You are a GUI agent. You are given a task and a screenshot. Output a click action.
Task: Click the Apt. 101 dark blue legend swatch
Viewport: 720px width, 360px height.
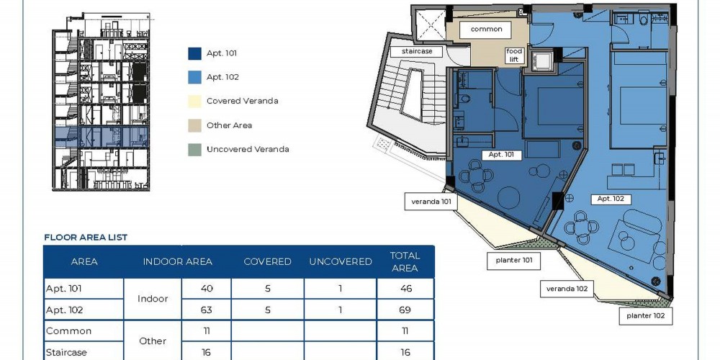(194, 53)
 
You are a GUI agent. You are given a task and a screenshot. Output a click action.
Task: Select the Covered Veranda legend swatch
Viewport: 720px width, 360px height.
(194, 101)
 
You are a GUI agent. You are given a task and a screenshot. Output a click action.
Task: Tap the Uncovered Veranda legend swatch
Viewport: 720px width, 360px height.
(194, 149)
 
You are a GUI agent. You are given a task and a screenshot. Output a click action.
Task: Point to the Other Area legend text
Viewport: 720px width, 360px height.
(229, 125)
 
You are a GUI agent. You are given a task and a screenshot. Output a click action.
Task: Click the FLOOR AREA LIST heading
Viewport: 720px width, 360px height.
(86, 238)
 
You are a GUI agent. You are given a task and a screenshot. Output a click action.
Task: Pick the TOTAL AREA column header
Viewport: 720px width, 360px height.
(405, 262)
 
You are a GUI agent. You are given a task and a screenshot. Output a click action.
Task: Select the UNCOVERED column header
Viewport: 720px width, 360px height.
(341, 262)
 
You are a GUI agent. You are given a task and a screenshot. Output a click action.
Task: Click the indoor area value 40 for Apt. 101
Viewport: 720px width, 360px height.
(207, 289)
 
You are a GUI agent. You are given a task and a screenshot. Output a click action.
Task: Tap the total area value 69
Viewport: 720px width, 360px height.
(405, 310)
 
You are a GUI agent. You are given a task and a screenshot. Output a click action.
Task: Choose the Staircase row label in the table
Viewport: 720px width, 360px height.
(66, 353)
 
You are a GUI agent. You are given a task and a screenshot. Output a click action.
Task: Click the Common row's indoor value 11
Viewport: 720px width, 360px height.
(207, 331)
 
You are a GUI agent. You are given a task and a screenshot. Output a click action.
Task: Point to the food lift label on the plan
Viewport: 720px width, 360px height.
(514, 55)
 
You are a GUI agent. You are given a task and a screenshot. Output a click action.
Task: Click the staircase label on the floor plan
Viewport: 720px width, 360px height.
(417, 51)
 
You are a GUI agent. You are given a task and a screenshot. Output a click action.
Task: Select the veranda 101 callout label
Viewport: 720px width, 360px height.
(431, 201)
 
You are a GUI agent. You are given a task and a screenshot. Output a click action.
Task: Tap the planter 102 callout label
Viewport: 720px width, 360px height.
(646, 316)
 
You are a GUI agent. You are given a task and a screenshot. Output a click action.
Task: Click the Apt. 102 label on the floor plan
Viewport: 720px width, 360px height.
(611, 199)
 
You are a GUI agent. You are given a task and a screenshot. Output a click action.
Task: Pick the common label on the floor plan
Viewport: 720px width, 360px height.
(486, 30)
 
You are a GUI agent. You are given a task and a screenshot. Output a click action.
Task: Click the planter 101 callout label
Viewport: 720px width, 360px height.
(514, 261)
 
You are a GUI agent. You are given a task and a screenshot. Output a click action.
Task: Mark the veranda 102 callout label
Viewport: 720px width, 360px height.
(567, 289)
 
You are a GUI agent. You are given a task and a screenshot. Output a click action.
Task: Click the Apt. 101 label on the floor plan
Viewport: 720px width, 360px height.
(501, 155)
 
